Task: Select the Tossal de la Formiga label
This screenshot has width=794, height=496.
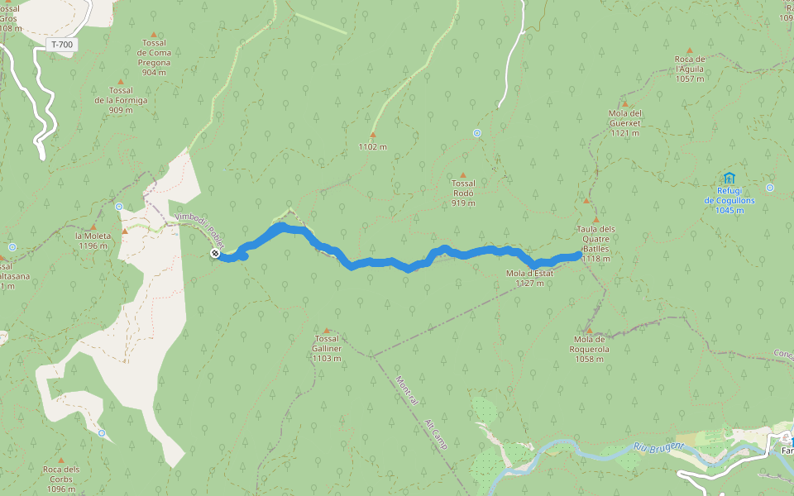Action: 121,100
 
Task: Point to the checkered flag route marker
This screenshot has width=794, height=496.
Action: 215,254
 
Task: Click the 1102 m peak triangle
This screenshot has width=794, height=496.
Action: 372,135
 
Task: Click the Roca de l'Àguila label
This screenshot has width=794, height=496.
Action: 689,69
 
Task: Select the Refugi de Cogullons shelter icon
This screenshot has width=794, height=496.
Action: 729,178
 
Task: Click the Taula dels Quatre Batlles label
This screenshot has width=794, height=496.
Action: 595,243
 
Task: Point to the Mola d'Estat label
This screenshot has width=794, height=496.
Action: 529,278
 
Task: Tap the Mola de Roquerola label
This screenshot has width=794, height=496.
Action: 591,343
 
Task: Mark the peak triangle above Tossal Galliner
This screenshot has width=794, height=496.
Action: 327,330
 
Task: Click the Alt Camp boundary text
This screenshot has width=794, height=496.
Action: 436,433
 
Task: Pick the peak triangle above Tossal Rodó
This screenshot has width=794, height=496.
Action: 463,174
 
